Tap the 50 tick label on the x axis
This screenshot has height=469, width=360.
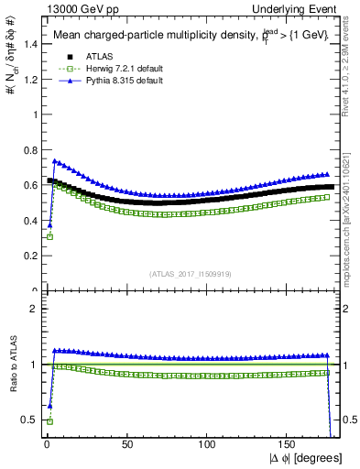(126, 442)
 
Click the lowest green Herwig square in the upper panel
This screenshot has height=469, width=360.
(49, 236)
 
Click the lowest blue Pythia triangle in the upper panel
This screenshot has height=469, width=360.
(49, 224)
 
